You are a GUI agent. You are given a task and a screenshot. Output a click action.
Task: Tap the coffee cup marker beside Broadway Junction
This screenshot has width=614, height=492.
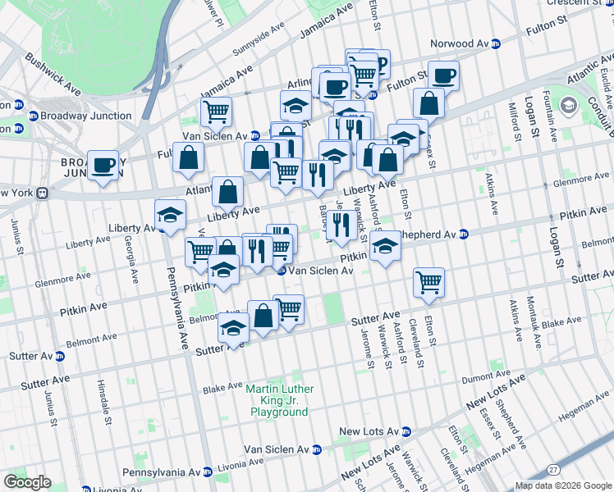point(104,166)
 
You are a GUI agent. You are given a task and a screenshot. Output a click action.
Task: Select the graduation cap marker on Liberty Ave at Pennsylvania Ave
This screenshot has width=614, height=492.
point(171,216)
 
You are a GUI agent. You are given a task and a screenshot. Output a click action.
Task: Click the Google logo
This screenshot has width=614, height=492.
point(28,481)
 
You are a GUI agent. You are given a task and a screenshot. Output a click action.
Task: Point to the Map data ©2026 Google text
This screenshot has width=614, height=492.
point(562,485)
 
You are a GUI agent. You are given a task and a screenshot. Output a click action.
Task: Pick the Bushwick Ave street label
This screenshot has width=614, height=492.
point(53,71)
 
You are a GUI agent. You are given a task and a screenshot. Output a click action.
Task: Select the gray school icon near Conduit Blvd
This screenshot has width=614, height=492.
point(569,105)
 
